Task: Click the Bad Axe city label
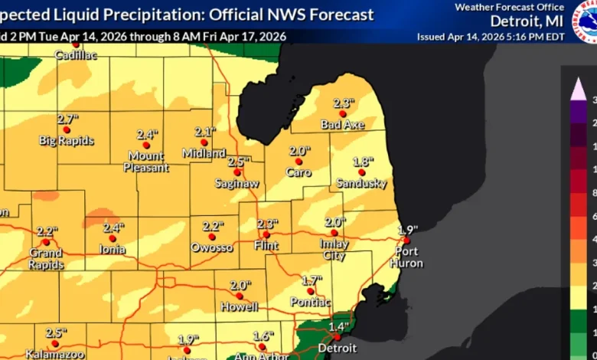tap(342, 124)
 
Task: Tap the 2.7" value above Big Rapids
tap(68, 119)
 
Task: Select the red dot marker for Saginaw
tap(237, 172)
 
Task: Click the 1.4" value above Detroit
tap(338, 326)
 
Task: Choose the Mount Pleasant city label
tap(147, 161)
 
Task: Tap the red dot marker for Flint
tap(266, 234)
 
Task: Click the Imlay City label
tap(334, 249)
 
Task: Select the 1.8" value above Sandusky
tap(363, 162)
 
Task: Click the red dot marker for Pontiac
tap(311, 291)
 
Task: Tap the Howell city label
tap(239, 307)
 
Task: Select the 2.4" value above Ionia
tap(113, 227)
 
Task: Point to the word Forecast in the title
tap(341, 15)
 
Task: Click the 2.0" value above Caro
tap(299, 151)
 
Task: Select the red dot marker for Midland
tap(204, 142)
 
